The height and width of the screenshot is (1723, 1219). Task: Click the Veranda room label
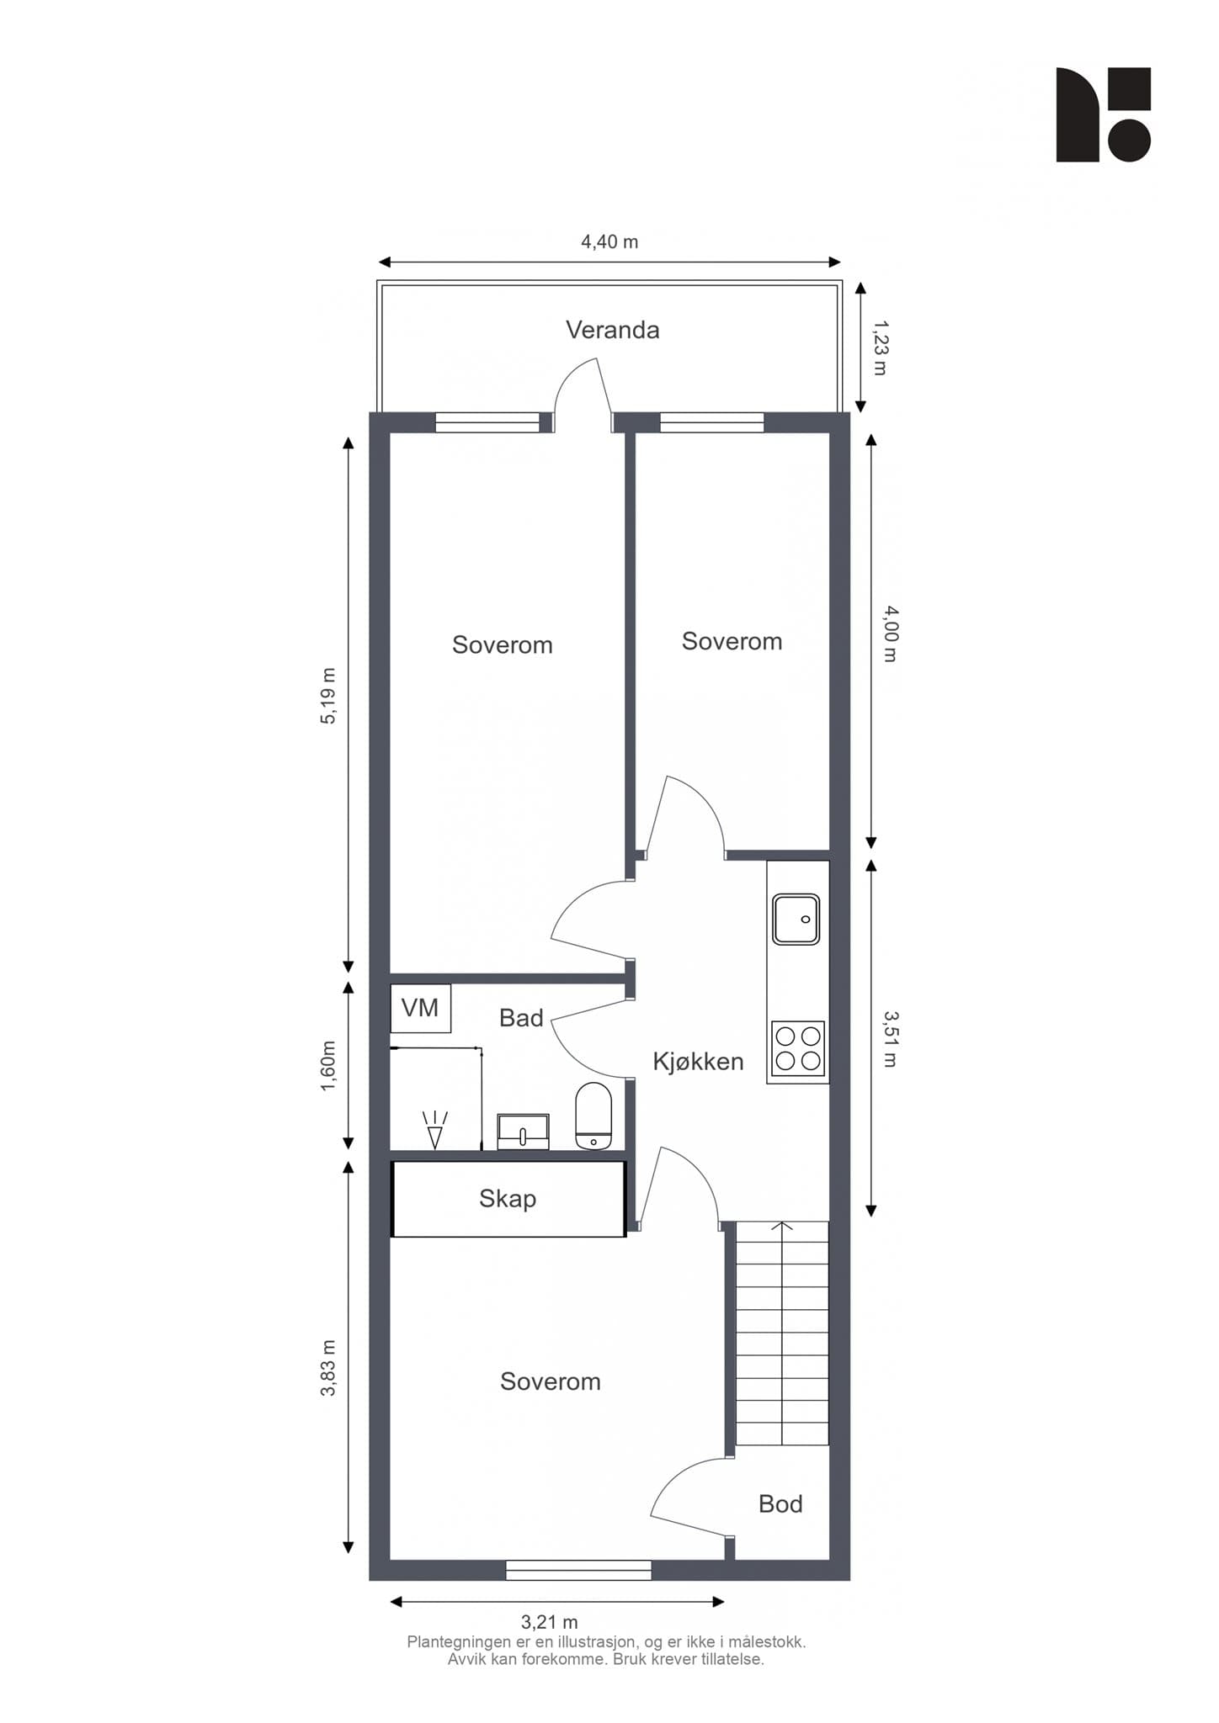tap(612, 330)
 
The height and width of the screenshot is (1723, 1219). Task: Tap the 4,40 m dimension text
tap(609, 242)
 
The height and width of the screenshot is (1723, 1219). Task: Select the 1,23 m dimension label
tap(880, 347)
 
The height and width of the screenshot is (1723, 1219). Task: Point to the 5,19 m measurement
tap(327, 696)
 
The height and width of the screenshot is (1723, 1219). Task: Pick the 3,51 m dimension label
tap(891, 1039)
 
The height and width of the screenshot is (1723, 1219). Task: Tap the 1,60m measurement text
tap(327, 1066)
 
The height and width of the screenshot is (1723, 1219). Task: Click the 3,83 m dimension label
tap(327, 1368)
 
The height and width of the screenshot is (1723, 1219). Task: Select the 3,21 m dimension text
tap(550, 1621)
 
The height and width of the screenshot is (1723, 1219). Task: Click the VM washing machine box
tap(421, 1008)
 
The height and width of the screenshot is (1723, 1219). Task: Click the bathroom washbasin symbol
tap(523, 1132)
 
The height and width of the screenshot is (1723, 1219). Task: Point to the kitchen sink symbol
tap(796, 919)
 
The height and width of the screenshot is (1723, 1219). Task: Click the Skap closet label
tap(508, 1198)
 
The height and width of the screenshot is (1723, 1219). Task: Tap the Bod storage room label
tap(780, 1503)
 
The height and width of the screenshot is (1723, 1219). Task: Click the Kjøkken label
tap(699, 1062)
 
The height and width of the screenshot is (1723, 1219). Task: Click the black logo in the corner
tap(1104, 114)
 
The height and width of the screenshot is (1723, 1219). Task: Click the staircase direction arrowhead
tap(782, 1226)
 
